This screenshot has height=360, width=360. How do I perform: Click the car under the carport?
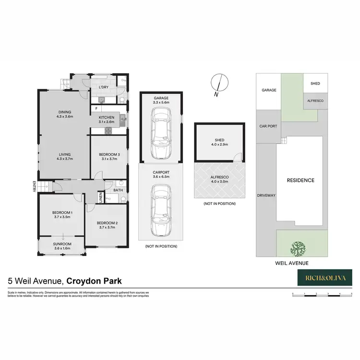tap(160, 211)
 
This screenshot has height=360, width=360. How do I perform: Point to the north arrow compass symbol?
tap(218, 85)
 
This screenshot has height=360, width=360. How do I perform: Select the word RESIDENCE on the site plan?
tap(300, 180)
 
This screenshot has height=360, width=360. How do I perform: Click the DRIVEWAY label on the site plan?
tap(265, 195)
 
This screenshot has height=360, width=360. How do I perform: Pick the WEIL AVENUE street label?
tap(291, 263)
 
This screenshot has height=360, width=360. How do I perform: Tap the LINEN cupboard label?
tap(101, 198)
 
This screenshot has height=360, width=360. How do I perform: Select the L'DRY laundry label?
tap(103, 87)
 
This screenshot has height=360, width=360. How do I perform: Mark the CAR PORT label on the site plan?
tap(269, 126)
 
